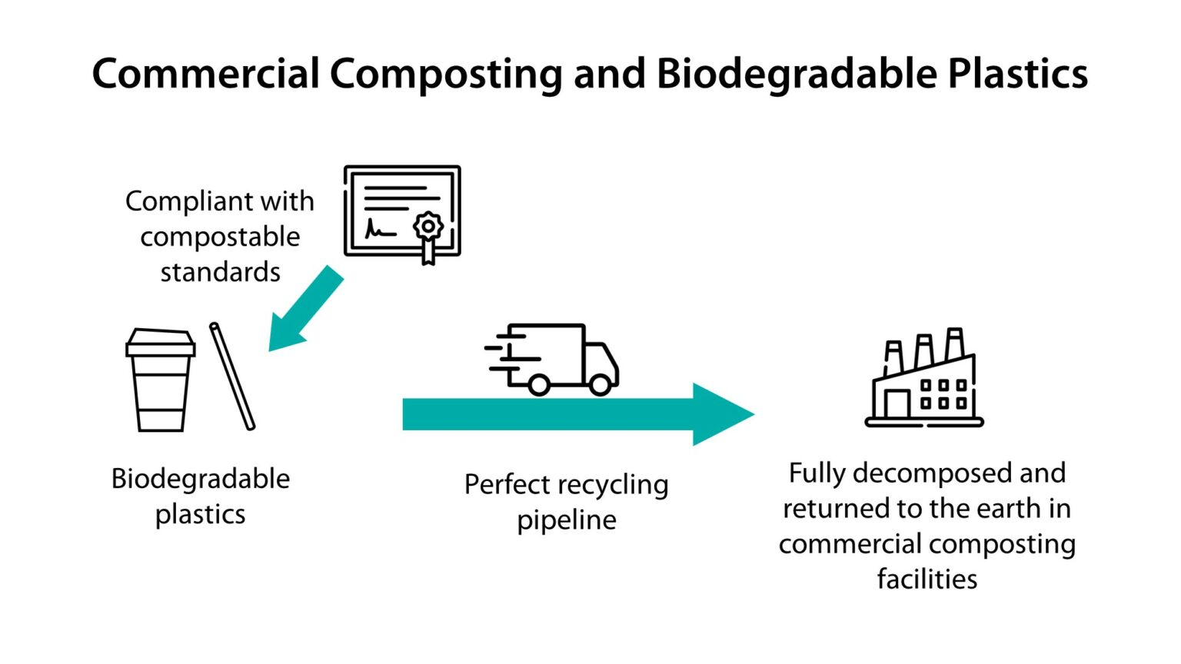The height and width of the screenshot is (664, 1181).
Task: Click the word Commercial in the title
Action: click(205, 75)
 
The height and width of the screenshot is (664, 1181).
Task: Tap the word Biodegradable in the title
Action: click(796, 75)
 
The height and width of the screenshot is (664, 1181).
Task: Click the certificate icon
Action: click(401, 211)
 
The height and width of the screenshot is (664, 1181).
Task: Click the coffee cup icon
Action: click(160, 380)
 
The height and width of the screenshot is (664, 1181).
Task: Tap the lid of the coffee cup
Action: click(160, 343)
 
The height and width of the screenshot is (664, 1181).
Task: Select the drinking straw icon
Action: click(232, 376)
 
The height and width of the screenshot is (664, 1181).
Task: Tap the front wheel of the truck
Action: click(600, 383)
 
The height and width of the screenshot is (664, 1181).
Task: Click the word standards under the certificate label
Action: click(220, 272)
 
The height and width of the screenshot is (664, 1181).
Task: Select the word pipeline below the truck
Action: click(566, 520)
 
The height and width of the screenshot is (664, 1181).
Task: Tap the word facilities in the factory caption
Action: click(927, 579)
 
